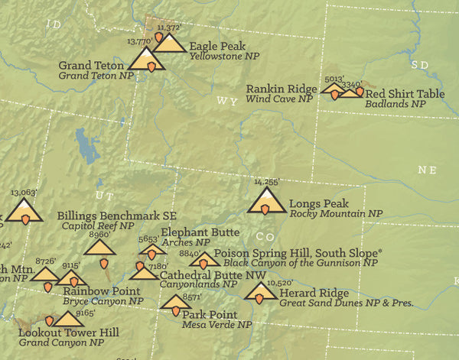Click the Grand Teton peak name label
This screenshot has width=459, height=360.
pos(90,65)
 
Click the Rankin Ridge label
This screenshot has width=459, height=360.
pos(279,89)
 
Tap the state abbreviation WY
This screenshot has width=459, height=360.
pos(226,101)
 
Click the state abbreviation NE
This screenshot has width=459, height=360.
pos(427,169)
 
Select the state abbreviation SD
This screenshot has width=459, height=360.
pos(420,65)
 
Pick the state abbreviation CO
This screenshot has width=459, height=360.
pos(265,236)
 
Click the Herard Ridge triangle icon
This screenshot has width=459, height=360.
pos(261,292)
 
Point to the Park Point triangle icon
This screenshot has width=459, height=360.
pos(176,303)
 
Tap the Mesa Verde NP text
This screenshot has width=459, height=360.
pos(216,324)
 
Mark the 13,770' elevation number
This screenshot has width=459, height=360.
pos(139,41)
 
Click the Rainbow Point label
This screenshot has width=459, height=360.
pos(102,291)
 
